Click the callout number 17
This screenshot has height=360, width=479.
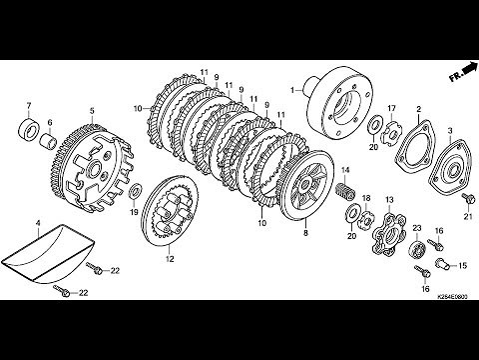391,107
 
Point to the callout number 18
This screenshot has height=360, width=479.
366,198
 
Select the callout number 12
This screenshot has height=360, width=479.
169,260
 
